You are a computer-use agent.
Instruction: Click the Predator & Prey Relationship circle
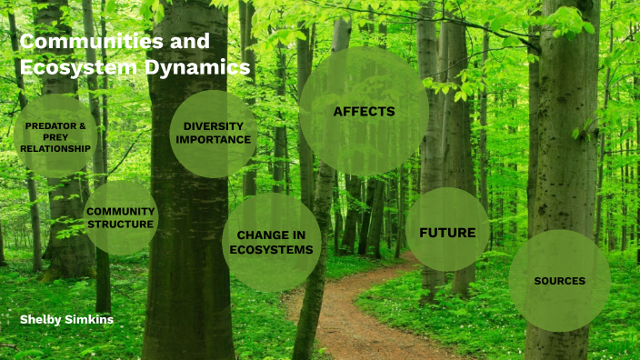55,136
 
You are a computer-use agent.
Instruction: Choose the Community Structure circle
120,217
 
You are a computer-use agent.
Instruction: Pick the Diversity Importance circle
213,133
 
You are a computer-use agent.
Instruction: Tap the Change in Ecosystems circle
271,242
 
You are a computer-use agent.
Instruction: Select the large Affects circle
364,112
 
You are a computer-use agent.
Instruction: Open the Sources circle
559,280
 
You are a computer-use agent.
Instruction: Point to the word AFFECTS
364,112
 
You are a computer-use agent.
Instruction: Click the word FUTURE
447,233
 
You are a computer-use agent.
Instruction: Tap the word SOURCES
559,281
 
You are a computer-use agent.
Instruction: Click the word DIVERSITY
213,125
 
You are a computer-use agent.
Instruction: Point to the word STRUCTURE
120,224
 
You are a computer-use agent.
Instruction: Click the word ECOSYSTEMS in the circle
271,249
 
